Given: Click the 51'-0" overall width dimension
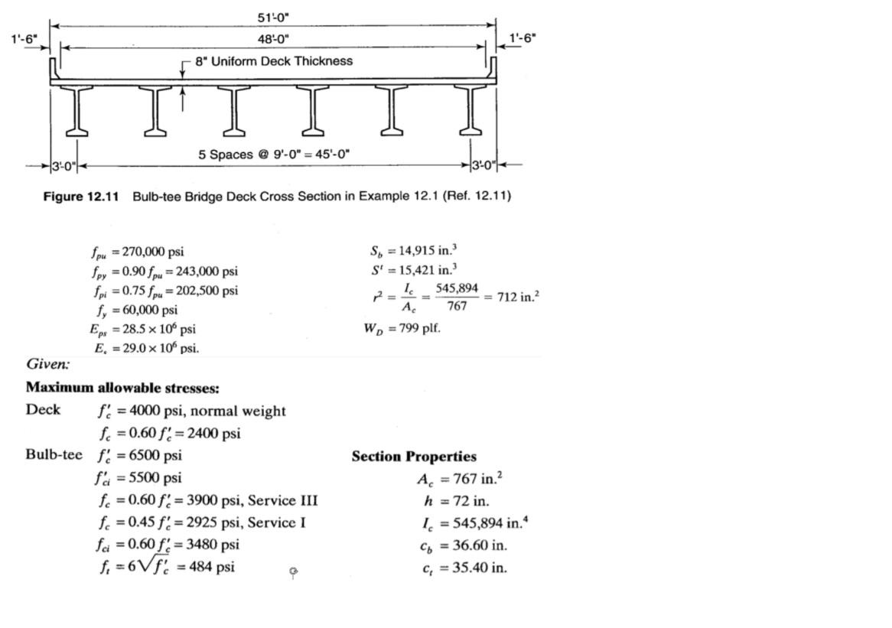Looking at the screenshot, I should click(273, 17).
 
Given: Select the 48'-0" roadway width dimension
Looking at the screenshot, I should click(273, 38).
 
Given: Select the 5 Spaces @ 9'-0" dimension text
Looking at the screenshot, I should click(274, 155).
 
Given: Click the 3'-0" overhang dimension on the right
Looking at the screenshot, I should click(484, 165).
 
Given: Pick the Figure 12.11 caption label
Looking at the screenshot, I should click(81, 197).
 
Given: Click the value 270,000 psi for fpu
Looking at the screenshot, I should click(153, 252).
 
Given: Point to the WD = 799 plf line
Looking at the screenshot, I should click(402, 329).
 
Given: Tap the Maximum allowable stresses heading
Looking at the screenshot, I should click(122, 388).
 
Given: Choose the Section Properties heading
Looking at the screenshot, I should click(414, 457).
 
